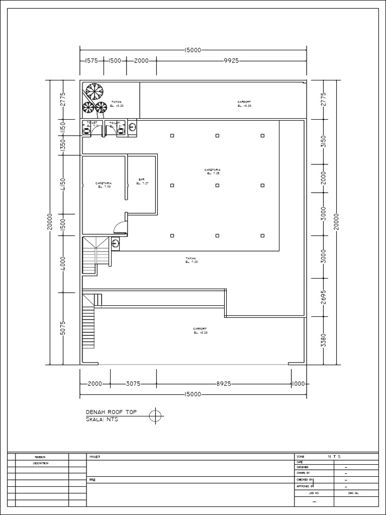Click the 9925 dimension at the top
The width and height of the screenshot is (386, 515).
(x=231, y=60)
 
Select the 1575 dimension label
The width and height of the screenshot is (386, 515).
(x=91, y=60)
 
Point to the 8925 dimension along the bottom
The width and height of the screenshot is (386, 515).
(x=223, y=384)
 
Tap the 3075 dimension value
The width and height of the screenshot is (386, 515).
(x=133, y=384)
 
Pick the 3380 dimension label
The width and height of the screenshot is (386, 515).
(x=324, y=340)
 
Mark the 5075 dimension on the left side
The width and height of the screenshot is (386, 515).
(x=63, y=328)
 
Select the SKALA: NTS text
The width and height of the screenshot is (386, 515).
(x=102, y=419)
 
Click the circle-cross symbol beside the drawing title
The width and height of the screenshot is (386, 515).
(x=156, y=415)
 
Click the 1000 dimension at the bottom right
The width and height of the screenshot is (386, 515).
(x=298, y=384)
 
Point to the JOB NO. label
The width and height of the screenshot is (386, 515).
(x=314, y=493)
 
